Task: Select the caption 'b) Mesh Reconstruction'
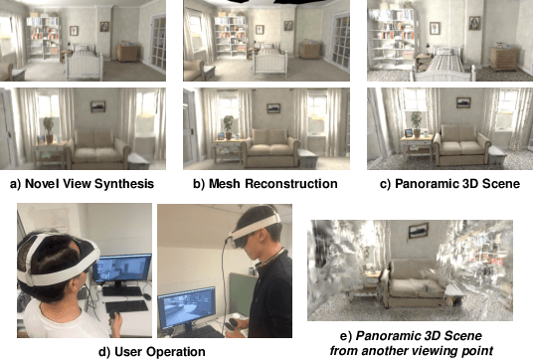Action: click(x=266, y=184)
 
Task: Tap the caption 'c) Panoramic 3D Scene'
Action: click(x=446, y=184)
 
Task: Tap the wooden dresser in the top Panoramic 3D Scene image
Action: click(x=503, y=57)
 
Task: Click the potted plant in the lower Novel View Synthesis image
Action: click(x=47, y=127)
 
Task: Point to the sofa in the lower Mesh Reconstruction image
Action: click(x=270, y=148)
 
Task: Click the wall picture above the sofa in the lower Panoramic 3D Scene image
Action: click(x=463, y=102)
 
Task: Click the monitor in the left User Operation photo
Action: click(x=123, y=270)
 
